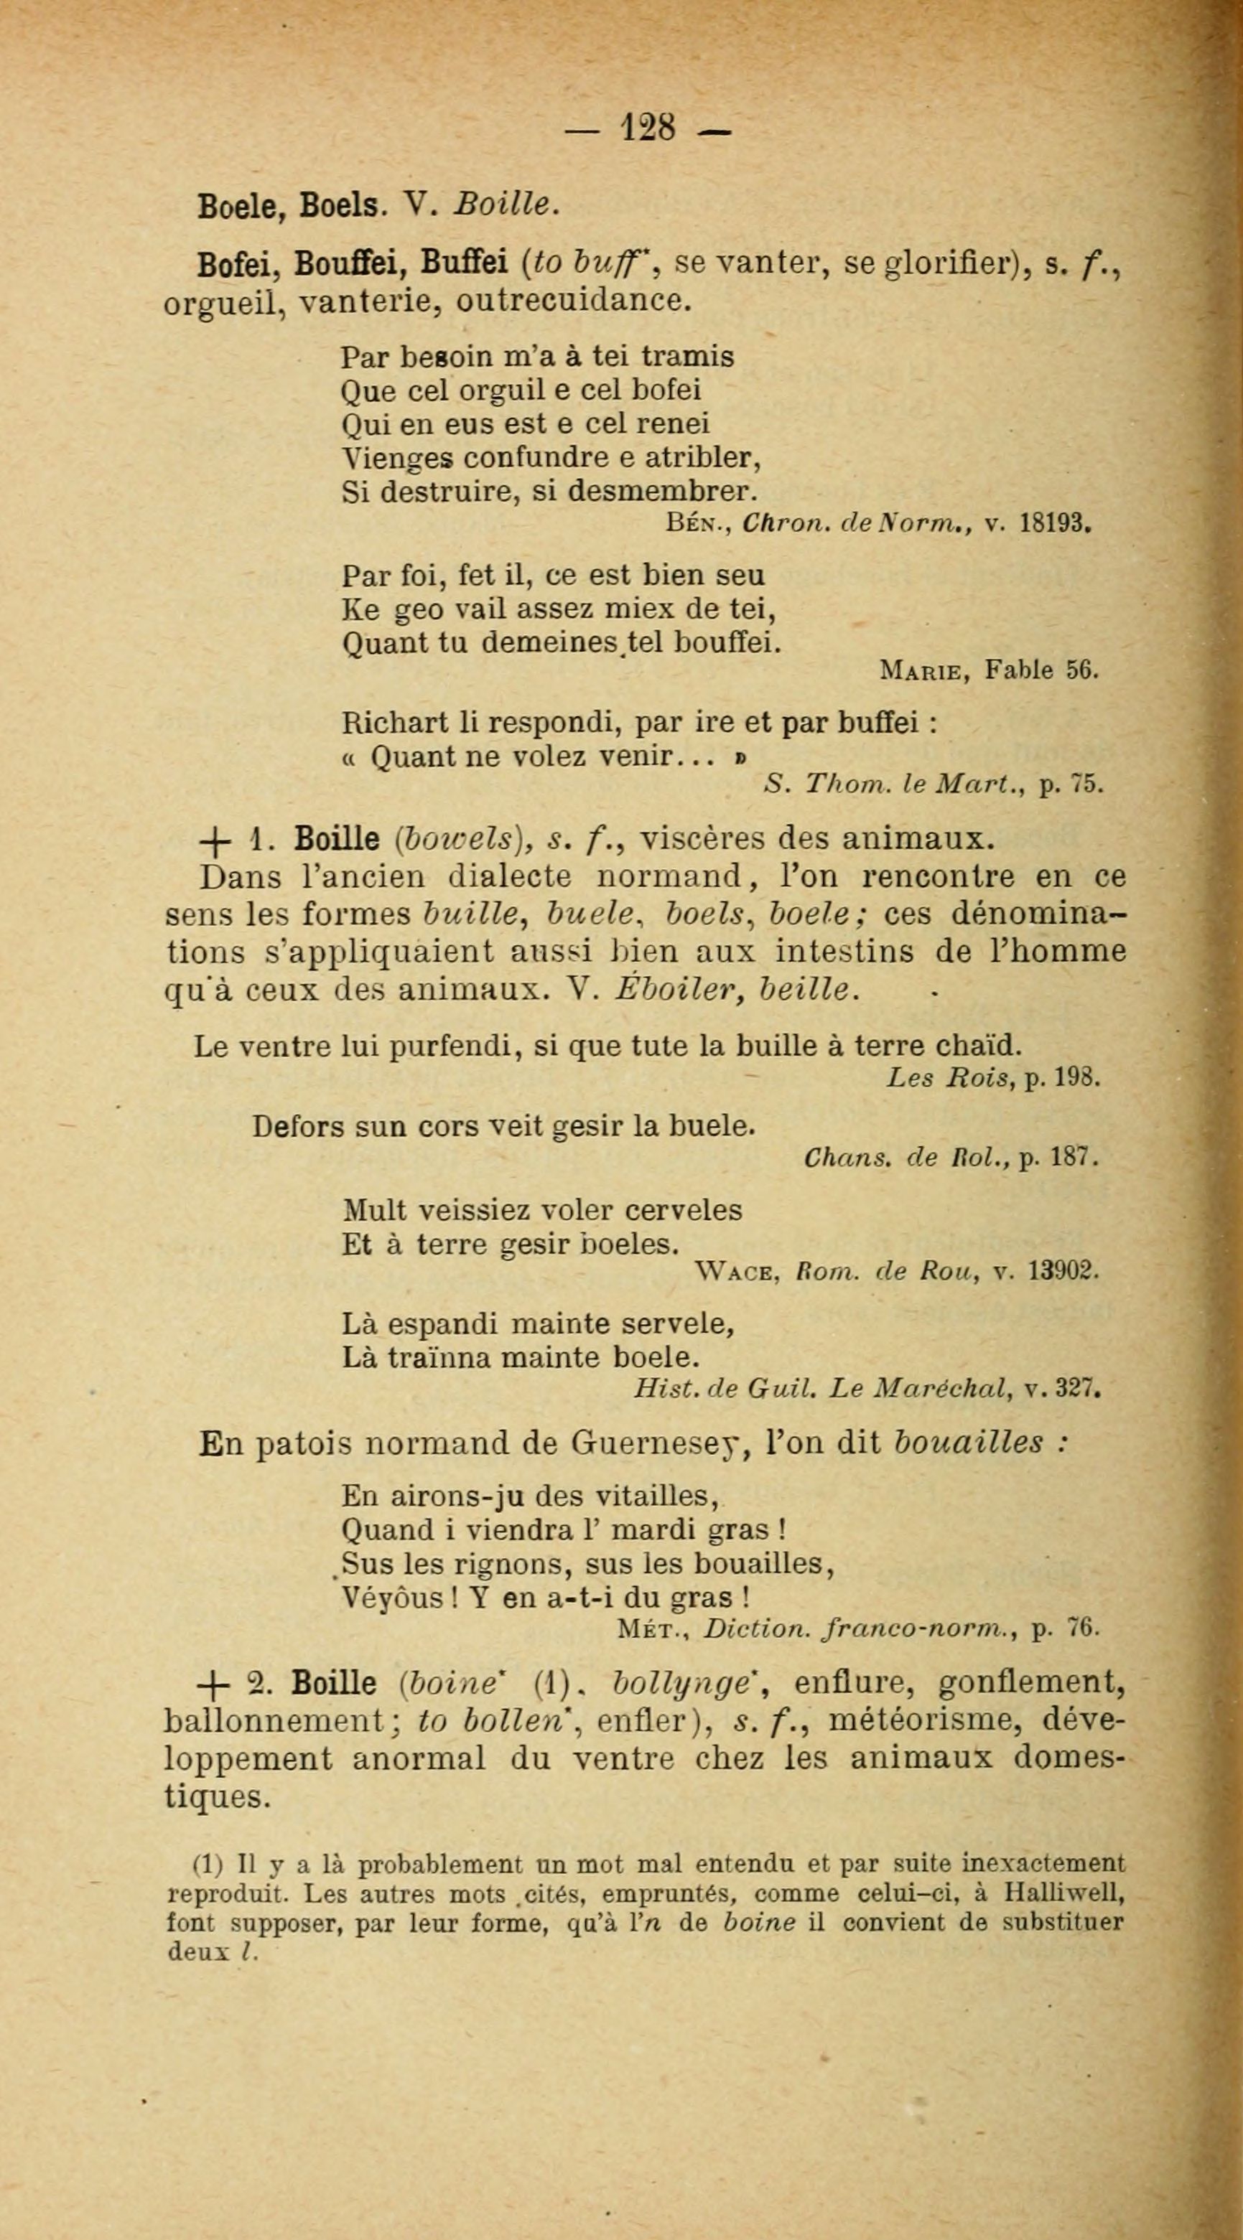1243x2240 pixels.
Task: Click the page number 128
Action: [x=648, y=128]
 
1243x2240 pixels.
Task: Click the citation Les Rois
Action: [x=951, y=1079]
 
